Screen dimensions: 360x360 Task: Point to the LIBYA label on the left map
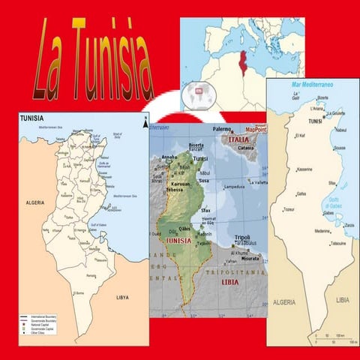click(x=121, y=297)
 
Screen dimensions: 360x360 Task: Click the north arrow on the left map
click(x=144, y=121)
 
